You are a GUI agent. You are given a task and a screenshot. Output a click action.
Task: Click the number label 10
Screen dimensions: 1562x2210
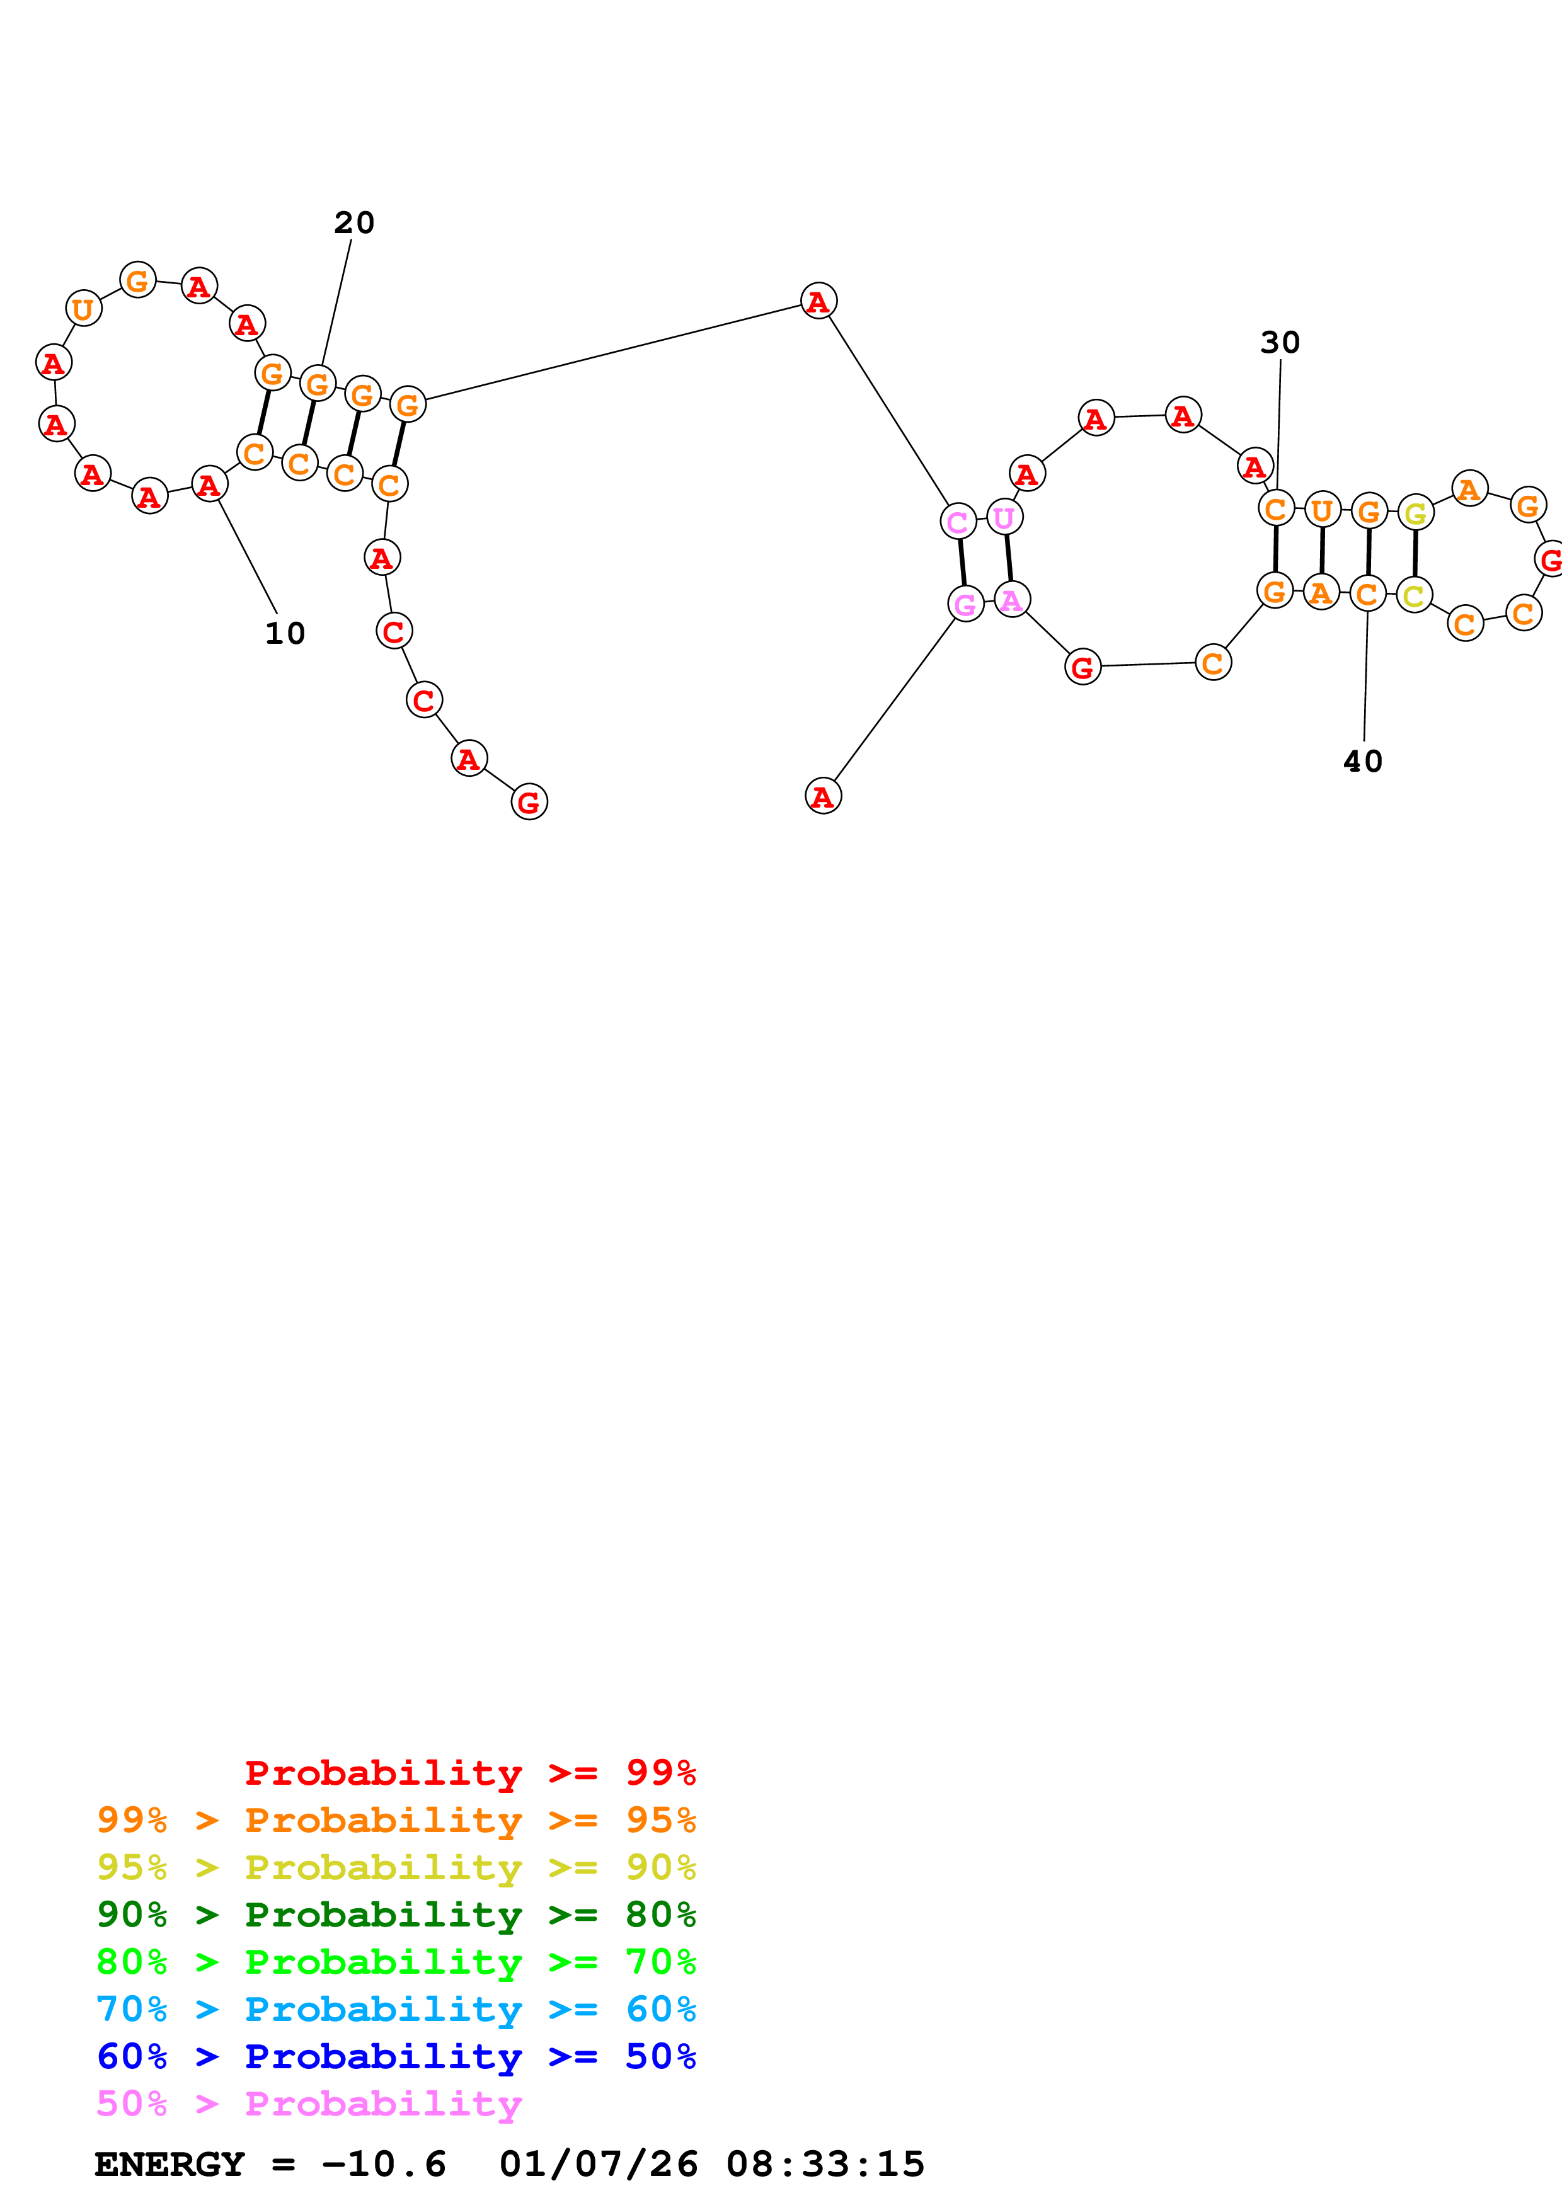285,633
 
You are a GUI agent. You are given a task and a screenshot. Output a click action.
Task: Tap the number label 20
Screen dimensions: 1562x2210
354,223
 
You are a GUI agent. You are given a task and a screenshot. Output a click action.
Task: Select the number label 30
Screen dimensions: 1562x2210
1280,343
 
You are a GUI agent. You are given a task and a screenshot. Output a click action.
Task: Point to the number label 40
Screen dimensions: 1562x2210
1363,762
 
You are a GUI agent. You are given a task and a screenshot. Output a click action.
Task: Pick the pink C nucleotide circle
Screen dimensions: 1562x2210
958,522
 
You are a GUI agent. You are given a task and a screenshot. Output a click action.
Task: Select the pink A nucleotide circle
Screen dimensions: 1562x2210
1011,600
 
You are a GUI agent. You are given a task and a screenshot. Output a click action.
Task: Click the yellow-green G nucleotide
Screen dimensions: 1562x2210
1415,513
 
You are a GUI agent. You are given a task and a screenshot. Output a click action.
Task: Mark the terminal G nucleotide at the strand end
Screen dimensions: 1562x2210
529,802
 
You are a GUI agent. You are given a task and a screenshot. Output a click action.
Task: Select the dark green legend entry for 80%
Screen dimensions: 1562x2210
396,1915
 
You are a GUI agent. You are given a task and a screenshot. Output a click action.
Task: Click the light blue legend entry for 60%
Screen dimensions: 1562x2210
396,2009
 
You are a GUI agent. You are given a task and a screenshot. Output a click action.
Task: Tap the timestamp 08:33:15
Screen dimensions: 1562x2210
825,2164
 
